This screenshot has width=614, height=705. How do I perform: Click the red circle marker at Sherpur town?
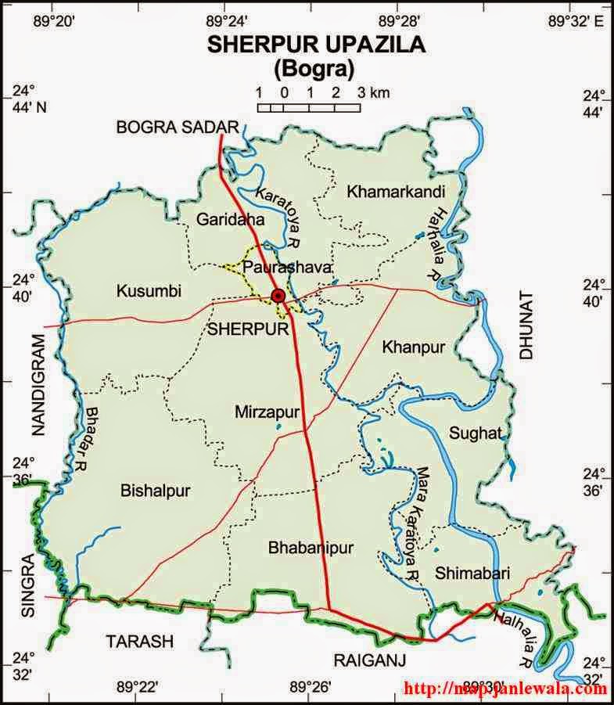pyautogui.click(x=278, y=295)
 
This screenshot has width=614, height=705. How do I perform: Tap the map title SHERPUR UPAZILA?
pyautogui.click(x=316, y=45)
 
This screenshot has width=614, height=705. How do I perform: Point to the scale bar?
pyautogui.click(x=310, y=106)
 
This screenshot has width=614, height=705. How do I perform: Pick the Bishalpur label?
pyautogui.click(x=156, y=491)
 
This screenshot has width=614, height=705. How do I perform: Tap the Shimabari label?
pyautogui.click(x=473, y=573)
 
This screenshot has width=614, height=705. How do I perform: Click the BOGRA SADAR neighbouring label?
pyautogui.click(x=176, y=128)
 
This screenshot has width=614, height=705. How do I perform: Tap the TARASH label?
pyautogui.click(x=139, y=641)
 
